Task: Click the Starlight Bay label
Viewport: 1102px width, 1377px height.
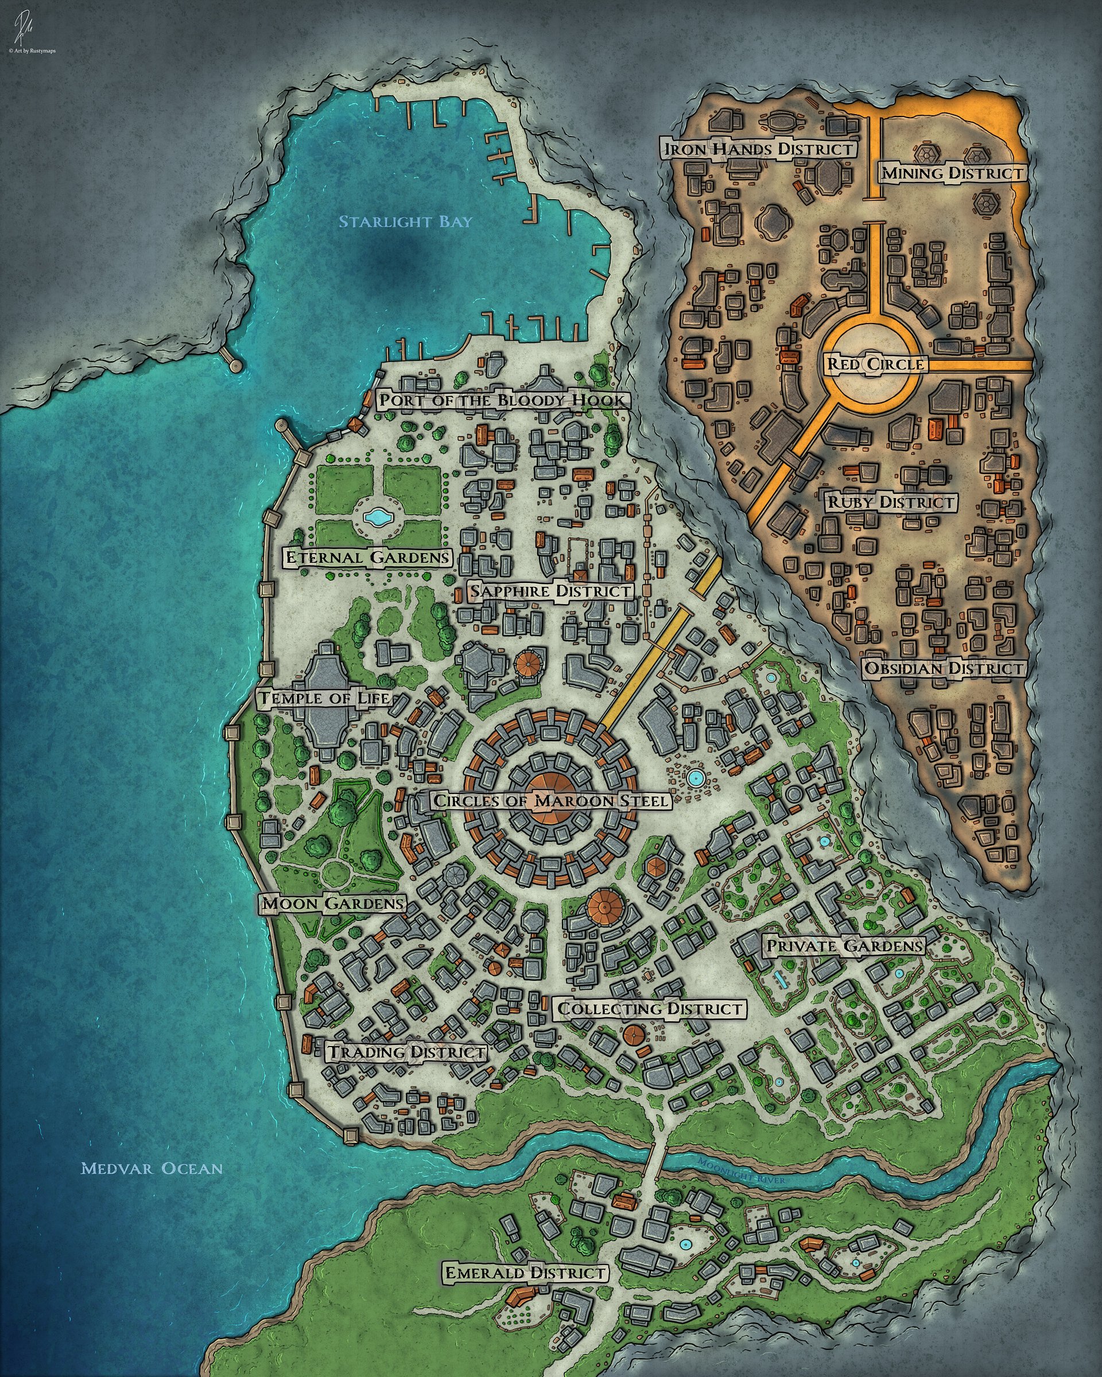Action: click(405, 222)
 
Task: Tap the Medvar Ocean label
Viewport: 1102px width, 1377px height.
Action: click(152, 1169)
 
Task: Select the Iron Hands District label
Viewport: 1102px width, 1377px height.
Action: click(759, 149)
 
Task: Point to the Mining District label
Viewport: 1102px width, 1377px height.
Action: click(952, 173)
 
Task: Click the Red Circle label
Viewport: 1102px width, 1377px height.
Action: click(876, 365)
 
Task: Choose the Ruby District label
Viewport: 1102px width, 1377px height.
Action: click(891, 502)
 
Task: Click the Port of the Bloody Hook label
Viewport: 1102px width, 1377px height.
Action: click(502, 400)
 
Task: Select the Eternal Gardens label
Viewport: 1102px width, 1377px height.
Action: click(367, 558)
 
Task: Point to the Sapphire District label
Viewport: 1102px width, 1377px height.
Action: click(550, 592)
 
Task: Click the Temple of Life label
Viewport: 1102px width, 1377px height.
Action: click(324, 698)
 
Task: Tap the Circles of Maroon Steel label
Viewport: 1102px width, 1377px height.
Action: click(550, 800)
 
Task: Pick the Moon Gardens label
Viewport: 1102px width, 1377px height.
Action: click(333, 904)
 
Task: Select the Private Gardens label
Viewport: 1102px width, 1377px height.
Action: click(844, 946)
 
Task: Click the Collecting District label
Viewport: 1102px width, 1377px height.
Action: click(650, 1009)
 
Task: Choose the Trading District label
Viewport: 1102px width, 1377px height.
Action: click(407, 1052)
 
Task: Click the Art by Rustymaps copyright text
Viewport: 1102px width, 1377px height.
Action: click(32, 50)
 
